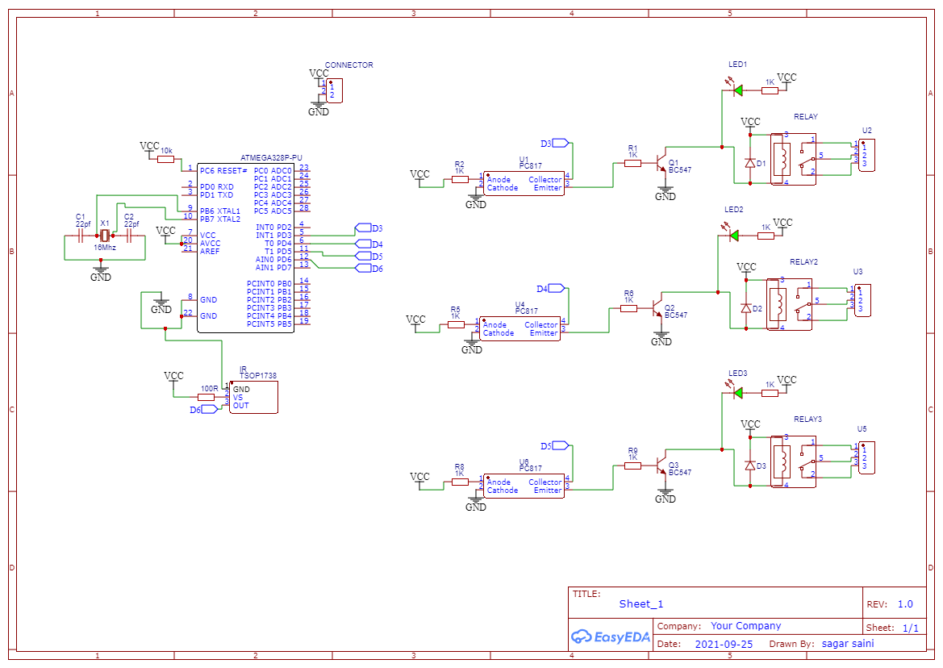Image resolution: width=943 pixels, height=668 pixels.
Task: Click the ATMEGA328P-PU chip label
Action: [x=271, y=158]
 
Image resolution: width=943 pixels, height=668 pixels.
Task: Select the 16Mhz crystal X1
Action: [x=104, y=236]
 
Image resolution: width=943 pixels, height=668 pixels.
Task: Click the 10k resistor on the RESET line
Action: [x=166, y=160]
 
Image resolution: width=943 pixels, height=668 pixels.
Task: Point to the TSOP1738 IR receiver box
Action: [x=253, y=397]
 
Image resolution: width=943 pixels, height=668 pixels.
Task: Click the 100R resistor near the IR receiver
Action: [x=207, y=397]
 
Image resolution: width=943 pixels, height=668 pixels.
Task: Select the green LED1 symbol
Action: [x=736, y=90]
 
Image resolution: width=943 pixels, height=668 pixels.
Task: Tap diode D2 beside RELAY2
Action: [x=746, y=308]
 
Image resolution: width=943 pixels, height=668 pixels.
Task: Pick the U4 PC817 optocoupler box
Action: [x=519, y=328]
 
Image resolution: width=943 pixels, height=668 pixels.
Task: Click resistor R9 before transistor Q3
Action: [x=632, y=466]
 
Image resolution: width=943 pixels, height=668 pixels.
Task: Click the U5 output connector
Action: [x=866, y=457]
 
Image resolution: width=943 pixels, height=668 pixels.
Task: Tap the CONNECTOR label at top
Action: [x=348, y=65]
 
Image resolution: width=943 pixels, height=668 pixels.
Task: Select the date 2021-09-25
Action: [x=724, y=645]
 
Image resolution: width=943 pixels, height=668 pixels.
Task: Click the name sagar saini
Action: [x=847, y=644]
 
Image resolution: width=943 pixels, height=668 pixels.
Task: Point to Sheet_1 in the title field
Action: [x=641, y=603]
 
